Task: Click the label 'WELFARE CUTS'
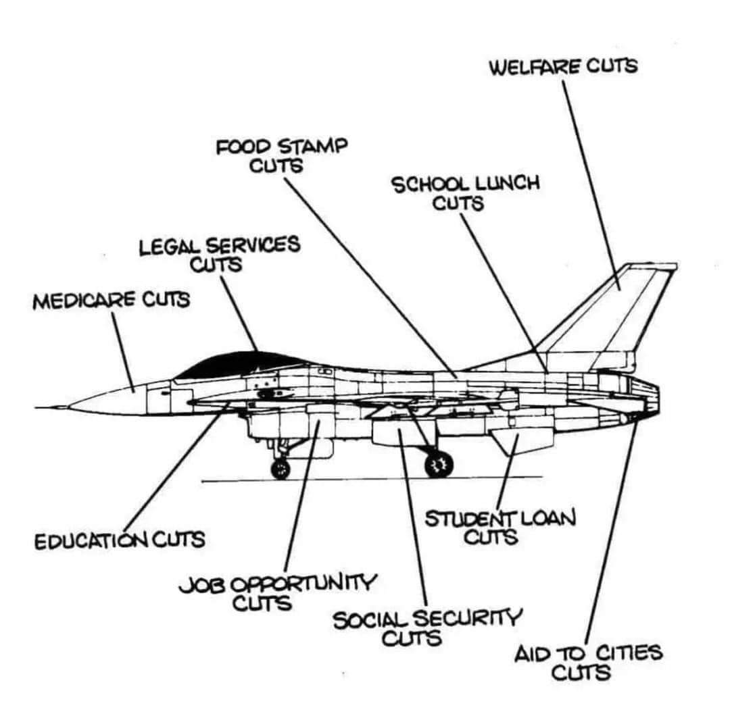click(x=562, y=67)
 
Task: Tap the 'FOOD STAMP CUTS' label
click(x=281, y=155)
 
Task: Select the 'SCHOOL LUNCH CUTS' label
click(x=466, y=193)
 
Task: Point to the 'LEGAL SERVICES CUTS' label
click(x=219, y=253)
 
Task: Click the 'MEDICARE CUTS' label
click(x=111, y=300)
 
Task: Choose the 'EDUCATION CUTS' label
click(x=119, y=540)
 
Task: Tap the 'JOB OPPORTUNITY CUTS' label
click(x=277, y=592)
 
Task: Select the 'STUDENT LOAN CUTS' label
click(x=500, y=527)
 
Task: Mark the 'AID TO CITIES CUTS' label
click(x=588, y=663)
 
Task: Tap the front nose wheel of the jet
click(x=280, y=468)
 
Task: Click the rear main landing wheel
click(x=439, y=464)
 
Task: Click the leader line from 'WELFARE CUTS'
click(x=591, y=182)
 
